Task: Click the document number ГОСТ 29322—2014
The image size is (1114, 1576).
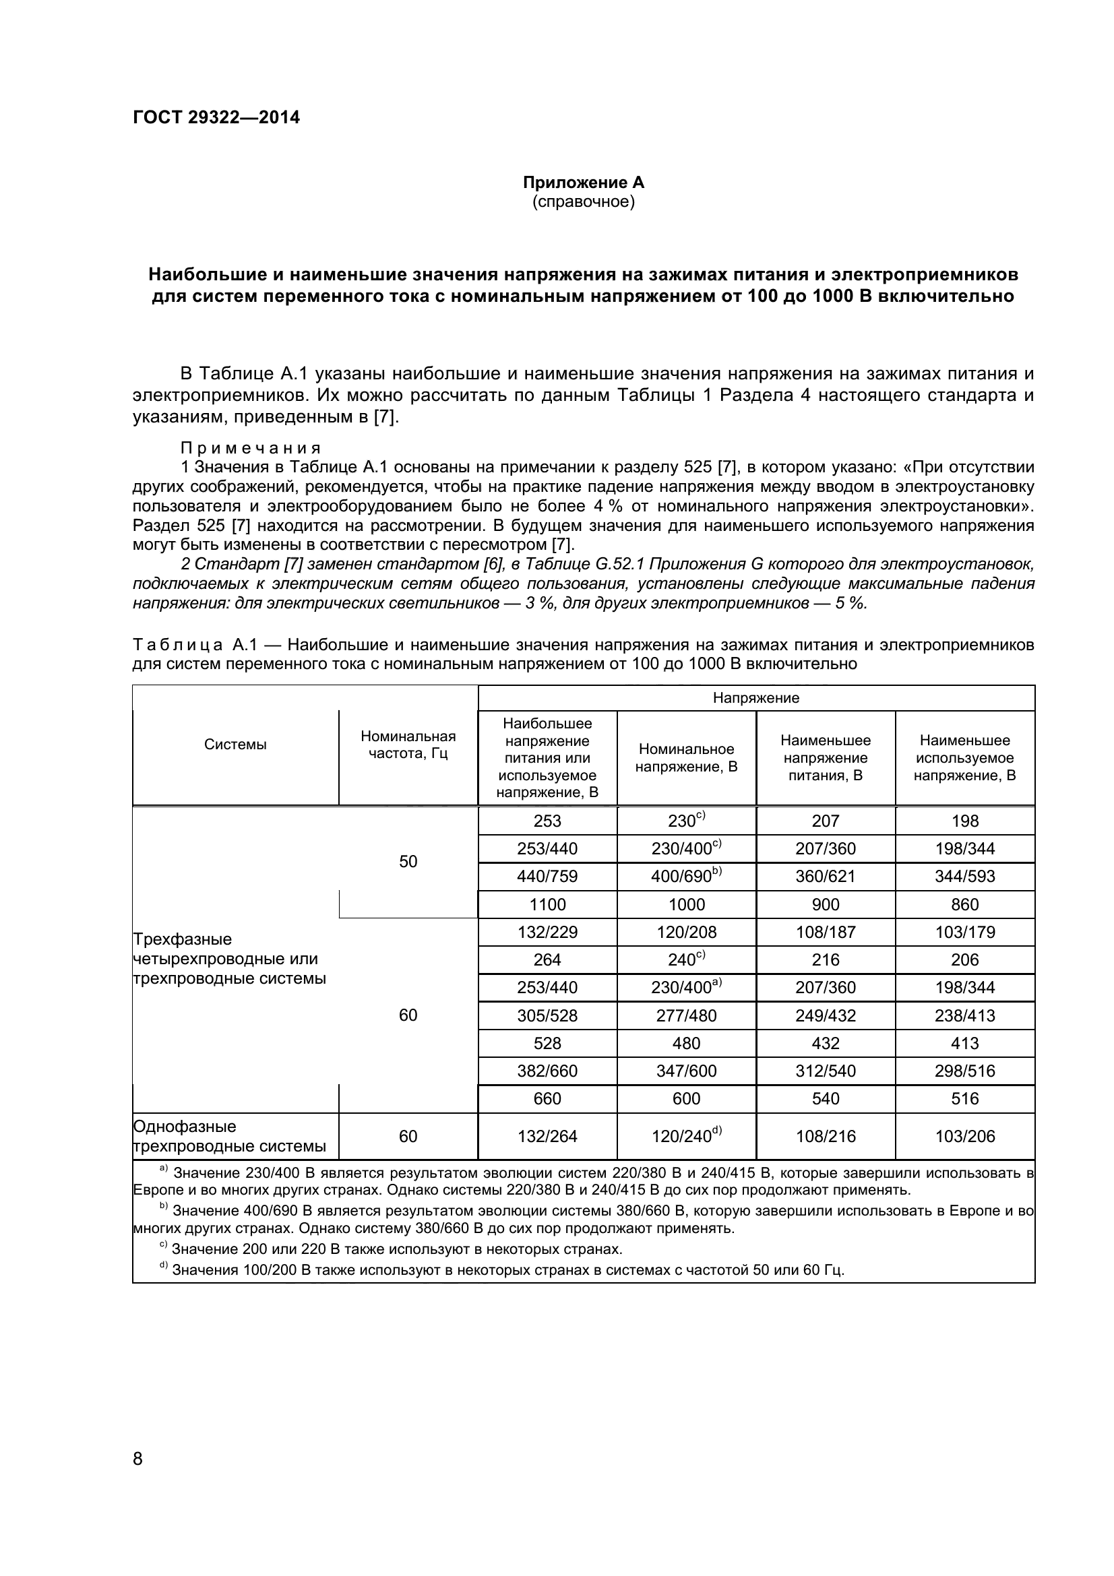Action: pos(216,117)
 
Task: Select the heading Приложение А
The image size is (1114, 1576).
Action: pos(584,183)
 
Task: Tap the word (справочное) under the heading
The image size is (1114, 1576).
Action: pos(584,202)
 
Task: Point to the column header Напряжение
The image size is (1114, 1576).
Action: pos(755,698)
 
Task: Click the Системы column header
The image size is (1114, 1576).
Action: pos(235,745)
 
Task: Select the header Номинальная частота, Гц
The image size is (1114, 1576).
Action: pos(408,745)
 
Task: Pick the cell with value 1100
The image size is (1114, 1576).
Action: pos(547,905)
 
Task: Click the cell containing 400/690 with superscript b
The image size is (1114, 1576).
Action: pos(685,877)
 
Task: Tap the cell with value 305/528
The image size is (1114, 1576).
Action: pos(547,1016)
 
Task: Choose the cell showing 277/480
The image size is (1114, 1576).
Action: pos(685,1016)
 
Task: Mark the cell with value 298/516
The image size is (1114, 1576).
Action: pos(964,1071)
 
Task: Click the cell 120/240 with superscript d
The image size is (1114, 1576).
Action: pos(685,1137)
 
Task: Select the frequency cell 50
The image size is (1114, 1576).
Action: pos(408,862)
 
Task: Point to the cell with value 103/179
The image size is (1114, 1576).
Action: pos(964,932)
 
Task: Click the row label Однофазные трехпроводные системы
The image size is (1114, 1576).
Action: pos(230,1137)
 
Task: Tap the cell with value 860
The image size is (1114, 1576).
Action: pos(964,905)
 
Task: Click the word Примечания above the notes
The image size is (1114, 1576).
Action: pos(251,448)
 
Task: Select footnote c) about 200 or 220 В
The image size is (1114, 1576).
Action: pos(392,1249)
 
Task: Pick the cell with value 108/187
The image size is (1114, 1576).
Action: pos(825,932)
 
